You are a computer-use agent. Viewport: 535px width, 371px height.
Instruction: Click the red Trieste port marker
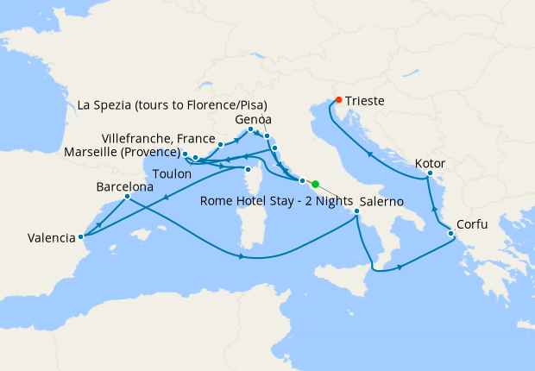(x=338, y=99)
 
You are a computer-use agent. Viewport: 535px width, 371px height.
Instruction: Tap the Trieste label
(x=366, y=101)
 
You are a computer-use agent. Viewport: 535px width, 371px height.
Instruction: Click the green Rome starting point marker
(x=315, y=184)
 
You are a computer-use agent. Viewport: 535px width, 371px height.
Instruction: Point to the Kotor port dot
(x=429, y=176)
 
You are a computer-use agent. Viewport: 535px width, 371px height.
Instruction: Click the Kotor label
(x=430, y=162)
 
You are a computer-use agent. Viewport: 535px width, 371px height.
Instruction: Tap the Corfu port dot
(x=450, y=234)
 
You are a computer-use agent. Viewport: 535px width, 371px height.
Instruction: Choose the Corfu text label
(x=472, y=224)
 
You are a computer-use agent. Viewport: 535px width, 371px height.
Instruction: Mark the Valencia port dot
(x=81, y=236)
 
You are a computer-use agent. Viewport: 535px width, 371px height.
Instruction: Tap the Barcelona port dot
(x=127, y=197)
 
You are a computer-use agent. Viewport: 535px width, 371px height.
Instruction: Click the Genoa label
(x=253, y=119)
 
